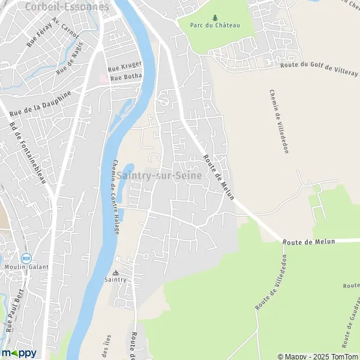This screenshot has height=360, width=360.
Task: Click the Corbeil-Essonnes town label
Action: [68, 7]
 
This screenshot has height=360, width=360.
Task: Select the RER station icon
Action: [26, 258]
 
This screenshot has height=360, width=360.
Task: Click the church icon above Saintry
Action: [116, 272]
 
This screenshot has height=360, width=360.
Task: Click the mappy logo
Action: [19, 353]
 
